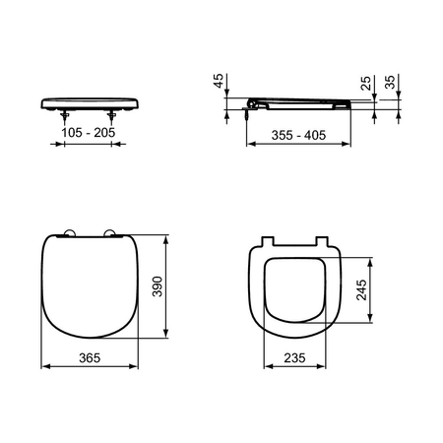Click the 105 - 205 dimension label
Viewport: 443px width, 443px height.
pyautogui.click(x=89, y=133)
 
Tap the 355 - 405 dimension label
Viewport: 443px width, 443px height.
pyautogui.click(x=298, y=135)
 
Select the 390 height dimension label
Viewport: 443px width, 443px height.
pyautogui.click(x=158, y=286)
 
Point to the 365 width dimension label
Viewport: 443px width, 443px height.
pyautogui.click(x=90, y=357)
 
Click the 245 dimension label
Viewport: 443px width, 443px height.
pyautogui.click(x=361, y=289)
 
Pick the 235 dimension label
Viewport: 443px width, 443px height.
pyautogui.click(x=294, y=357)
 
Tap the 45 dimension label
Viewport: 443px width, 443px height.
pyautogui.click(x=219, y=81)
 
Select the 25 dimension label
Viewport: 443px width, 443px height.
pyautogui.click(x=365, y=83)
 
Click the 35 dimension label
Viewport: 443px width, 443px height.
pyautogui.click(x=390, y=82)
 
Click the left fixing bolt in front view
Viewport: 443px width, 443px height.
pyautogui.click(x=65, y=116)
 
